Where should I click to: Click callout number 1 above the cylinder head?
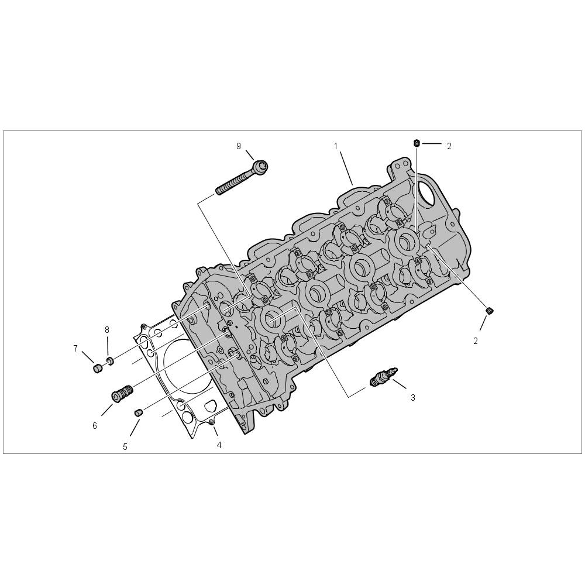pyautogui.click(x=336, y=146)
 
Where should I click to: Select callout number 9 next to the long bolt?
pyautogui.click(x=239, y=146)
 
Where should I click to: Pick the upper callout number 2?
pyautogui.click(x=449, y=146)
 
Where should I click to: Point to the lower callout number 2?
pyautogui.click(x=475, y=341)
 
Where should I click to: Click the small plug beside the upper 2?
pyautogui.click(x=417, y=143)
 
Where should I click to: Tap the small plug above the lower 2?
pyautogui.click(x=490, y=311)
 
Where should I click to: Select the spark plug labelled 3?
pyautogui.click(x=384, y=376)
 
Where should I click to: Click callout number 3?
pyautogui.click(x=412, y=398)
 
